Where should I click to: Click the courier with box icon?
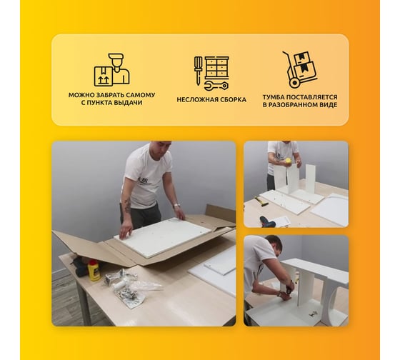coord(111,70)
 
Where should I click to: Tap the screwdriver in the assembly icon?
coord(198,70)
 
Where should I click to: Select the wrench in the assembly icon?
coord(216,86)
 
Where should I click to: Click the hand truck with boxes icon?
coord(300,69)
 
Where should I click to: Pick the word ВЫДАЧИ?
coord(128,103)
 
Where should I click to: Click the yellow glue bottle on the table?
coord(94,270)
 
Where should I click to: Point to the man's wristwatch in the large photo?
coord(176,205)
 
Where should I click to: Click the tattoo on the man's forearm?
coord(127,206)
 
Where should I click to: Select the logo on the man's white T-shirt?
coord(143,181)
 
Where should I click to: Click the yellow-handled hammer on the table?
coord(260,201)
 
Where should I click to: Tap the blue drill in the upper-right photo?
coord(268,221)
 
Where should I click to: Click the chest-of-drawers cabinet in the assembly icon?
coord(217,67)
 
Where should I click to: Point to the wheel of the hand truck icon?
coord(294,83)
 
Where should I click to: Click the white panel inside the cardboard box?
coord(163,236)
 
